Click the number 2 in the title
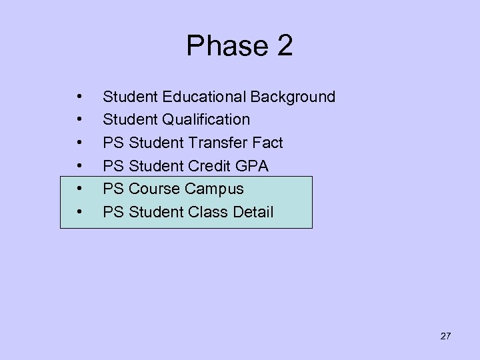(282, 47)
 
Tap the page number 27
(445, 336)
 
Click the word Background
(293, 97)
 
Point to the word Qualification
(203, 120)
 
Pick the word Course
(155, 189)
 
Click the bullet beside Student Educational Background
(79, 97)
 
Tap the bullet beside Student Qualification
(79, 120)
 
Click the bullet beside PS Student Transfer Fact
(79, 143)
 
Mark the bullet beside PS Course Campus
(79, 189)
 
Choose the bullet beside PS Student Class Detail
(79, 213)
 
